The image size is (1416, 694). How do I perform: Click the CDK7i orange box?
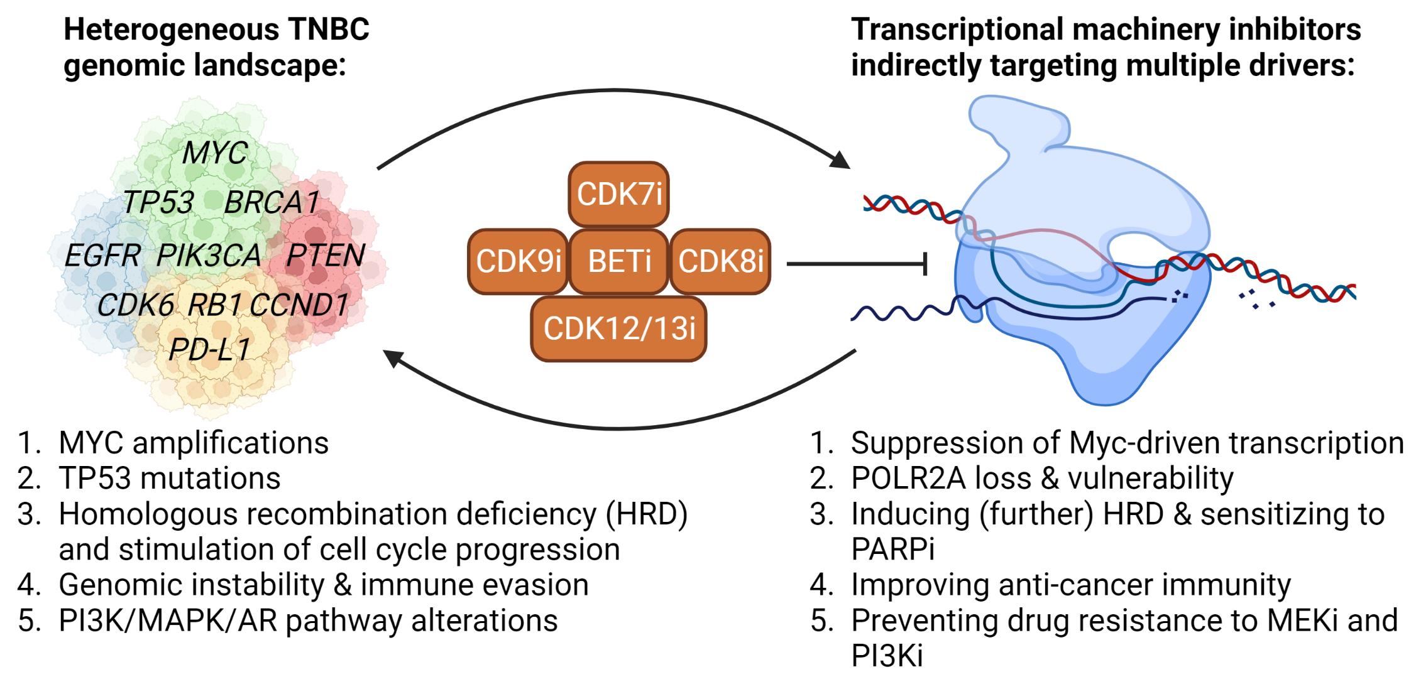[618, 194]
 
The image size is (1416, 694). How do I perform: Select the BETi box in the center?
[618, 261]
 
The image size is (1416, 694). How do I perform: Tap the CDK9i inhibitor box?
[518, 261]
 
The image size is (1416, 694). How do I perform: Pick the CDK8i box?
[720, 261]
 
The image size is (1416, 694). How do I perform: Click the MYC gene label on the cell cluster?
[215, 153]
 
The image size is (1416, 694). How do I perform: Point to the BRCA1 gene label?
[272, 203]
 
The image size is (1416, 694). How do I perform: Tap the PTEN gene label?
[325, 256]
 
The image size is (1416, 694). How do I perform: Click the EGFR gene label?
[102, 256]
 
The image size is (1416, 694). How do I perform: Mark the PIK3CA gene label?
[208, 256]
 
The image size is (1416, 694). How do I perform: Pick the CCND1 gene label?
[299, 306]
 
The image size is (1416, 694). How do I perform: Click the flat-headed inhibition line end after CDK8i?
[925, 264]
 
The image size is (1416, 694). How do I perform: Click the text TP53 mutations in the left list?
[169, 479]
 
